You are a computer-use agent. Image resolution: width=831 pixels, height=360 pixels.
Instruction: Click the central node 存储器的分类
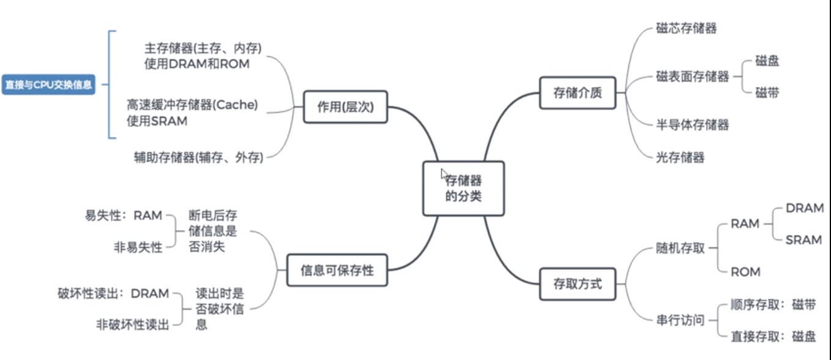click(x=463, y=189)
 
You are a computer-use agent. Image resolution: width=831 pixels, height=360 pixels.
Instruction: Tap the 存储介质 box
click(x=577, y=93)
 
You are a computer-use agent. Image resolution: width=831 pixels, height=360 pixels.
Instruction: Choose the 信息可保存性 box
click(x=337, y=270)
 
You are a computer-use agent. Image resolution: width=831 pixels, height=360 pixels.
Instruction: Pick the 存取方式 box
click(x=577, y=284)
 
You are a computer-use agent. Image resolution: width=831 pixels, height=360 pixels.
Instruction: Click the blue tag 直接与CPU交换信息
click(x=49, y=85)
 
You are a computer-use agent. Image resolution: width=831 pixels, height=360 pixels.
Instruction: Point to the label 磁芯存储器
click(x=686, y=28)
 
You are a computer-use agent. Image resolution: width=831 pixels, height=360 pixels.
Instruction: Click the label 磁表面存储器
click(x=692, y=77)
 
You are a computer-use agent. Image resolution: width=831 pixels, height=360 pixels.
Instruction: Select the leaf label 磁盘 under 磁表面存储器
click(x=767, y=61)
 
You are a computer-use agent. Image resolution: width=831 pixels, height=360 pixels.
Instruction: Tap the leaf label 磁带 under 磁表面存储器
click(x=767, y=93)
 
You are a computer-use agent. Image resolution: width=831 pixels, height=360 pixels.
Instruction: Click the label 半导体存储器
click(x=692, y=125)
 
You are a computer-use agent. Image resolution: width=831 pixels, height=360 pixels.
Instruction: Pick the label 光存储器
click(x=680, y=157)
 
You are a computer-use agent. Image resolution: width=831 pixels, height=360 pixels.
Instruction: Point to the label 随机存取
click(x=680, y=248)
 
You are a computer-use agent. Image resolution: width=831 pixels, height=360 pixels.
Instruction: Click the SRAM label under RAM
click(x=803, y=239)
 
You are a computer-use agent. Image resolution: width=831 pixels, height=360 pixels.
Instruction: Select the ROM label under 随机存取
click(x=745, y=272)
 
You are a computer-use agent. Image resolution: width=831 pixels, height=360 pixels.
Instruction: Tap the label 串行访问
click(x=680, y=320)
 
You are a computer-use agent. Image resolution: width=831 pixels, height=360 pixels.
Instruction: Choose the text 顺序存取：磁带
click(x=773, y=305)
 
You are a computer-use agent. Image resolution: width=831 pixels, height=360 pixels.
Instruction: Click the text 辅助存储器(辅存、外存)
click(x=198, y=157)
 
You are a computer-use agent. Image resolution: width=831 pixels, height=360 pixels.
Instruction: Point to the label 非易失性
click(x=138, y=247)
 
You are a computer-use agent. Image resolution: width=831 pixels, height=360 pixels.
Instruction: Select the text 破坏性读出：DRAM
click(x=113, y=293)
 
